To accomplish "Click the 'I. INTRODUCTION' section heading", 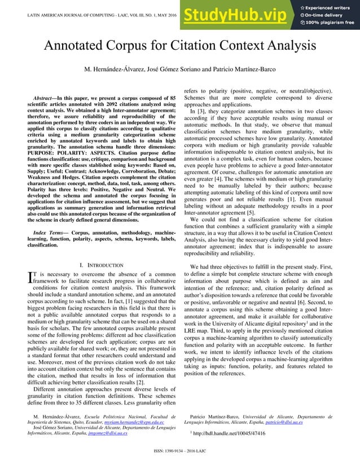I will pos(102,265).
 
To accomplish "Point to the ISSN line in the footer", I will pos(180,459).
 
